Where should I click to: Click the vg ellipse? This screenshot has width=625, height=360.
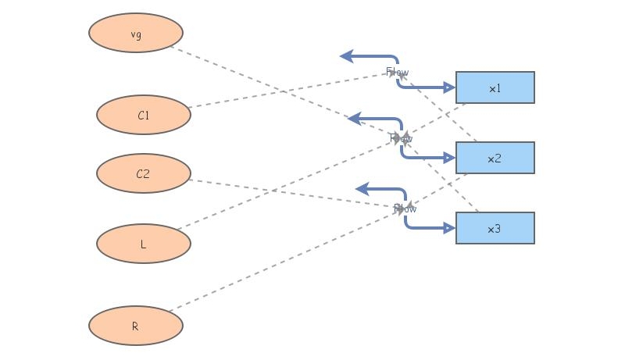coord(136,33)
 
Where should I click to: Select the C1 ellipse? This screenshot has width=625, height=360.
coord(144,115)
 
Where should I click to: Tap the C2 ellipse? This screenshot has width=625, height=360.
coord(144,173)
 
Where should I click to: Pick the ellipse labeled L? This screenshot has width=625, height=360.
coord(144,244)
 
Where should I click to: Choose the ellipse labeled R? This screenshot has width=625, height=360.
coord(136,325)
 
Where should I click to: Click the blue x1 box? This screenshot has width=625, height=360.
coord(495,87)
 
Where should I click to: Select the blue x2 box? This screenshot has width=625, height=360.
coord(495,158)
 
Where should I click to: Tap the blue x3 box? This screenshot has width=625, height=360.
coord(495,228)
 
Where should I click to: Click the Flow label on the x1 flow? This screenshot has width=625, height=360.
coord(397,72)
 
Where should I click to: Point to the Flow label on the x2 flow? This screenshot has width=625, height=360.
coord(401,138)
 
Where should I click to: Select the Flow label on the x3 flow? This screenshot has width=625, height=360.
coord(405,209)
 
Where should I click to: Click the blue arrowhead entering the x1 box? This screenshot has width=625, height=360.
coord(449,87)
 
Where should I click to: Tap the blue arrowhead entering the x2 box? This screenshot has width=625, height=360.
coord(449,158)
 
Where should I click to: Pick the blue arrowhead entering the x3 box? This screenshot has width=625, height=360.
coord(449,228)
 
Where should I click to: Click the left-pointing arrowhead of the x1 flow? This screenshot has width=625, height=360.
coord(346,56)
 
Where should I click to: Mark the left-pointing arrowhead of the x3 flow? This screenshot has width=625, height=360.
coord(362,189)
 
